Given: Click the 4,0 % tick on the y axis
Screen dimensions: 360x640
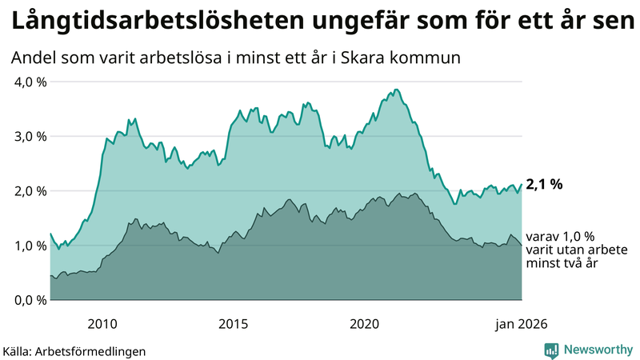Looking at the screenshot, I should pyautogui.click(x=28, y=82).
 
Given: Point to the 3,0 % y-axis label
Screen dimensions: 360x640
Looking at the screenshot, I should pyautogui.click(x=28, y=136).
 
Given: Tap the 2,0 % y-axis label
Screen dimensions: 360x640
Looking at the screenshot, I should pyautogui.click(x=28, y=190).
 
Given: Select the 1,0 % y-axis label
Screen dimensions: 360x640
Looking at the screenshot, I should pyautogui.click(x=28, y=246).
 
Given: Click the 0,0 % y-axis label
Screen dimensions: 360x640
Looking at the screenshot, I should pyautogui.click(x=28, y=300).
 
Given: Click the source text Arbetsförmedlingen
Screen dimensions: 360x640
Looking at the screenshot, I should pyautogui.click(x=95, y=350).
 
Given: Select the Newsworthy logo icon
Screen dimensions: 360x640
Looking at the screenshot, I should pyautogui.click(x=551, y=350).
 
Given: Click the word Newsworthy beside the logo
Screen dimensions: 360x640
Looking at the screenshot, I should pyautogui.click(x=597, y=350).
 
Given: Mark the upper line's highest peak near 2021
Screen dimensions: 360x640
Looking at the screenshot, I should pyautogui.click(x=396, y=90).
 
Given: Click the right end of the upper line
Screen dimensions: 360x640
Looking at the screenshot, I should pyautogui.click(x=522, y=185).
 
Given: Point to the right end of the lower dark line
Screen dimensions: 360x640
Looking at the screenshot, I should pyautogui.click(x=522, y=245).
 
